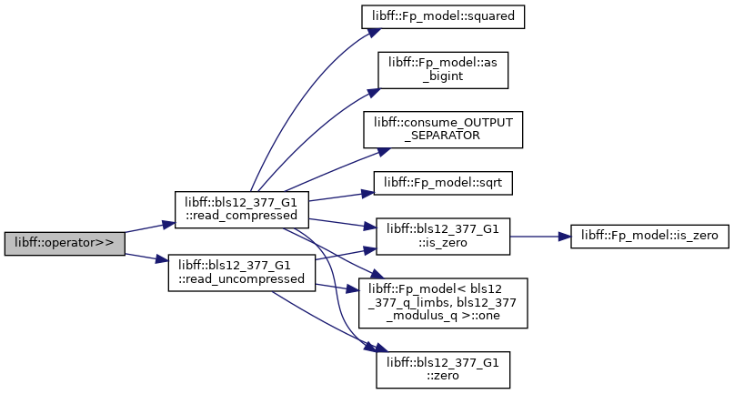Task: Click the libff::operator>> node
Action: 65,244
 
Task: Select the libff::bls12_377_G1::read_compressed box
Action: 242,210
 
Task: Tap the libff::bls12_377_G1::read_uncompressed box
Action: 242,273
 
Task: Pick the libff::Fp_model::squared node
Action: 443,16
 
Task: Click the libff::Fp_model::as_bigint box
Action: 443,70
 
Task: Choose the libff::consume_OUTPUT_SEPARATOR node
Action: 443,130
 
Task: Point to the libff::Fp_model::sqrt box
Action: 443,183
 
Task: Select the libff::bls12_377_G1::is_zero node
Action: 443,237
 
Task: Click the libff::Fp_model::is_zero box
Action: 649,237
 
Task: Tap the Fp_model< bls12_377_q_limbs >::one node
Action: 443,303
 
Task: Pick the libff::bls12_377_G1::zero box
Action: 443,369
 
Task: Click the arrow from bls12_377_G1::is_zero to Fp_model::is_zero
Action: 540,237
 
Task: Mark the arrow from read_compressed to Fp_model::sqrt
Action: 341,197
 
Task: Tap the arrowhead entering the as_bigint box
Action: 373,92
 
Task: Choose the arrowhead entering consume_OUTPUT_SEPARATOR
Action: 384,152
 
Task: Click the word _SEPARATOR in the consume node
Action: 443,136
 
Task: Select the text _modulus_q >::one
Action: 443,316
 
